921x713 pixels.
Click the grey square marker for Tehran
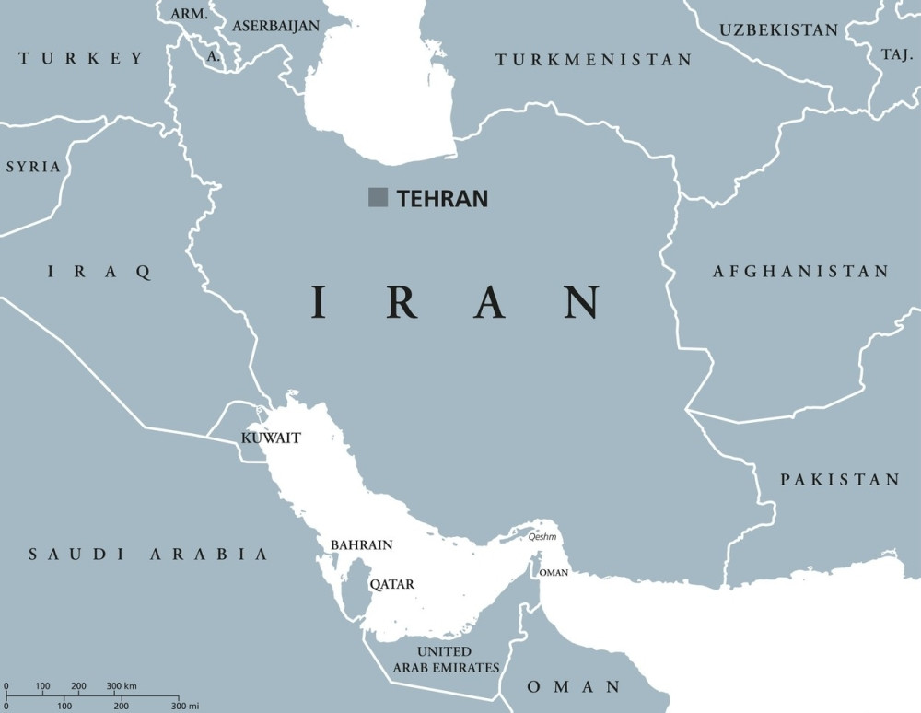[378, 197]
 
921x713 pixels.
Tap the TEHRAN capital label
[442, 198]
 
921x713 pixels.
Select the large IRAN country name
[456, 302]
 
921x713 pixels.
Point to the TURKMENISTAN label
[594, 60]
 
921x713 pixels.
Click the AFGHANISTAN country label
[800, 272]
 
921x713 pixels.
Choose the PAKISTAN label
[840, 480]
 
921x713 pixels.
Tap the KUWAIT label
[271, 438]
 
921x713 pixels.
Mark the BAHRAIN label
[361, 545]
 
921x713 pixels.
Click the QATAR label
[391, 584]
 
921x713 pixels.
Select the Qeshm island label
[542, 537]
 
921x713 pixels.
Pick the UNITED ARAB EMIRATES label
[446, 660]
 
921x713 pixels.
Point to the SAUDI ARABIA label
[148, 555]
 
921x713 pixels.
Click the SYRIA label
[33, 167]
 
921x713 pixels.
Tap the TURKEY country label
[81, 59]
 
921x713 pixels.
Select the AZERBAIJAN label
[275, 26]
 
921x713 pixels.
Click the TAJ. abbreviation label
[896, 54]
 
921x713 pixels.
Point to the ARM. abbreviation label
[190, 15]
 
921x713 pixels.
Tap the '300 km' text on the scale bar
[122, 686]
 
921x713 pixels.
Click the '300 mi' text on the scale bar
[184, 706]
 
